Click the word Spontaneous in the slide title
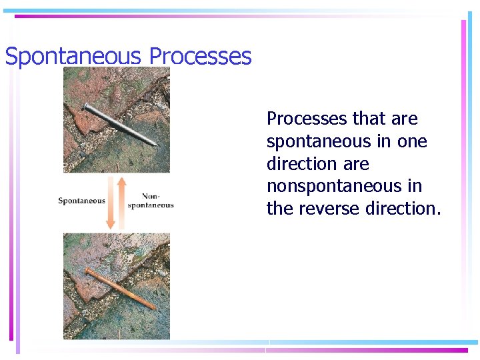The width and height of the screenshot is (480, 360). [73, 57]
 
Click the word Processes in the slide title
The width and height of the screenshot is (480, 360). [200, 57]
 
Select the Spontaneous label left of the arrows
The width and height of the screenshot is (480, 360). [81, 201]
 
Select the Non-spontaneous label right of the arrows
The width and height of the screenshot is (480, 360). [151, 201]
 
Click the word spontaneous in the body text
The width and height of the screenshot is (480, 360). [318, 141]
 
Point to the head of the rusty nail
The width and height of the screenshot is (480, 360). [86, 270]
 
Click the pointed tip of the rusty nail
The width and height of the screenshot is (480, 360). [154, 307]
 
